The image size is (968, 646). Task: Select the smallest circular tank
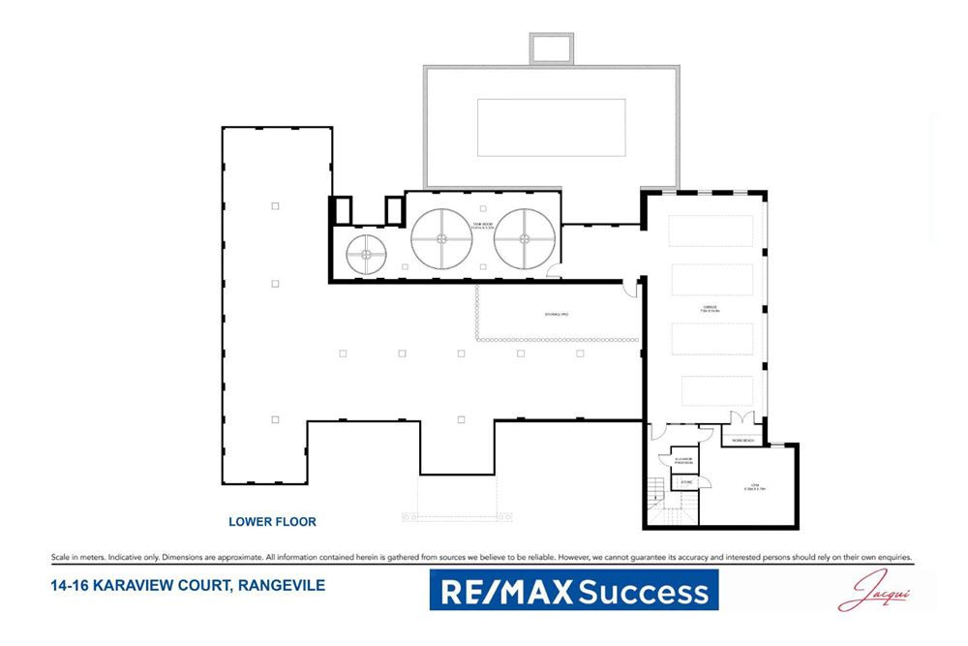pyautogui.click(x=367, y=255)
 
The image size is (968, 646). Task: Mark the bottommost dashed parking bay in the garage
pyautogui.click(x=716, y=390)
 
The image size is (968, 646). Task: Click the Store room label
pyautogui.click(x=685, y=481)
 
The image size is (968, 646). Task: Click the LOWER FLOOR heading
pyautogui.click(x=272, y=522)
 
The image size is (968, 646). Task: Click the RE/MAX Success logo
pyautogui.click(x=574, y=590)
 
